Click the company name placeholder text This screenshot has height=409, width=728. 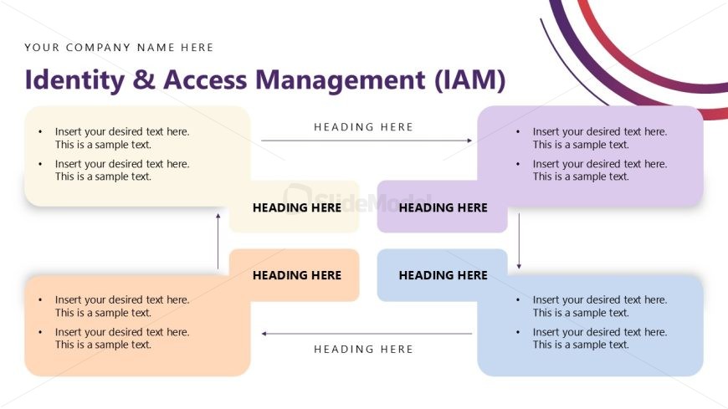[x=119, y=48]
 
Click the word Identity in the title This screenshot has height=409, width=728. [x=74, y=80]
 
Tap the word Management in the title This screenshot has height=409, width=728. [x=340, y=79]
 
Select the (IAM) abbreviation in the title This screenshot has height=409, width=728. [x=470, y=79]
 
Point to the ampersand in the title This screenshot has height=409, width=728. [x=144, y=79]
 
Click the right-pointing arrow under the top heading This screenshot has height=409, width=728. [x=367, y=141]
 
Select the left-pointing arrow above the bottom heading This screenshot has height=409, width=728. [x=367, y=334]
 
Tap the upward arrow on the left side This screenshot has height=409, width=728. [x=218, y=241]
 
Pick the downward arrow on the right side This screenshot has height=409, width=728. [x=519, y=241]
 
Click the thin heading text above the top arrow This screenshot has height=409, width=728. [x=363, y=127]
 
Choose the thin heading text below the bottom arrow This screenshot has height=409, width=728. [x=363, y=349]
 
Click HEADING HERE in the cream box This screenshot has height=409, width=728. [x=297, y=207]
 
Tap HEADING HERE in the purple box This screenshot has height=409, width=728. [x=443, y=207]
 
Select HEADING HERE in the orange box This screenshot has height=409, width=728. [x=297, y=275]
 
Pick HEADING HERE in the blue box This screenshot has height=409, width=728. [x=443, y=275]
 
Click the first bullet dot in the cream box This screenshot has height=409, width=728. [x=40, y=132]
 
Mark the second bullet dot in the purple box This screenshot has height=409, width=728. [x=518, y=164]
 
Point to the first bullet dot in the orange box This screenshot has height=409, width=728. [x=40, y=300]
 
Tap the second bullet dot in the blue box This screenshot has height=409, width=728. [x=518, y=332]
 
